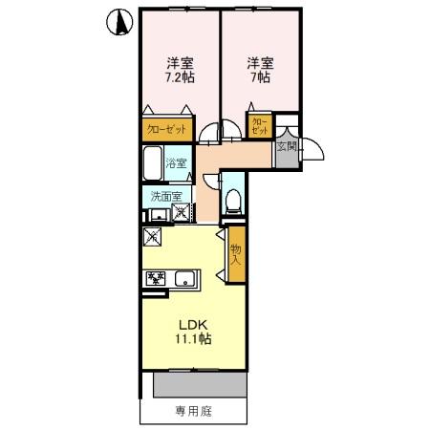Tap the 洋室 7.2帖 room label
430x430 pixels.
tap(178, 71)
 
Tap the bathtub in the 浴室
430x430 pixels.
tap(153, 164)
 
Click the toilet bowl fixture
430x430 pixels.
tap(232, 201)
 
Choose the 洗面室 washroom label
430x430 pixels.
tap(165, 197)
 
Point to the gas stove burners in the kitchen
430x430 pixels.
tap(156, 279)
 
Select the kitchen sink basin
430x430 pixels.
tap(184, 279)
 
